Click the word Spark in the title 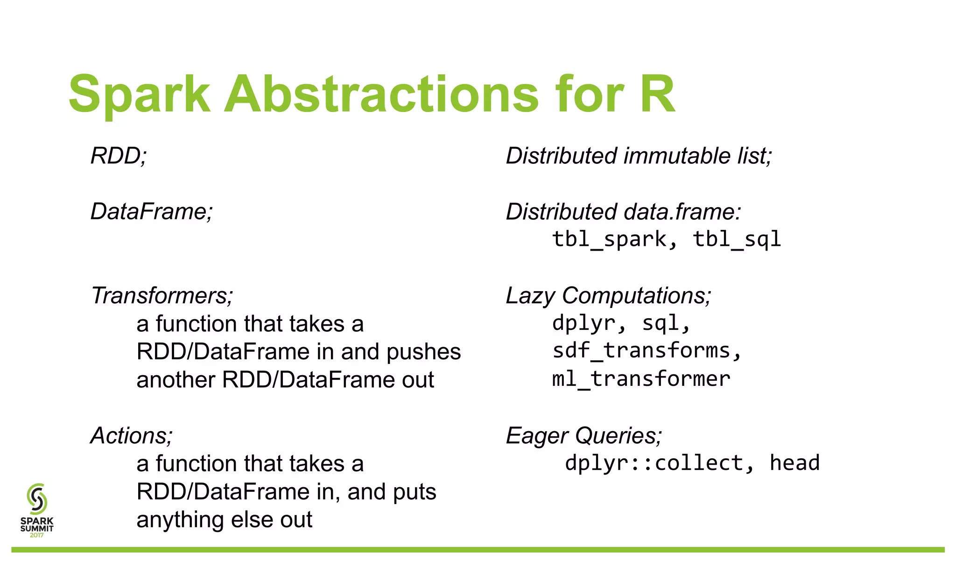point(139,95)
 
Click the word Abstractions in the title point(381,95)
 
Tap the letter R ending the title point(657,95)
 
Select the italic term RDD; point(119,156)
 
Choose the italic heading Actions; point(132,436)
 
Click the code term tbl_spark point(609,239)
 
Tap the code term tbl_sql point(736,239)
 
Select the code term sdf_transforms point(641,351)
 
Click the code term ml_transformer point(641,379)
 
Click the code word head point(794,463)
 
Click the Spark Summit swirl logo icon point(37,498)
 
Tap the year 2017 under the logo point(37,535)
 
